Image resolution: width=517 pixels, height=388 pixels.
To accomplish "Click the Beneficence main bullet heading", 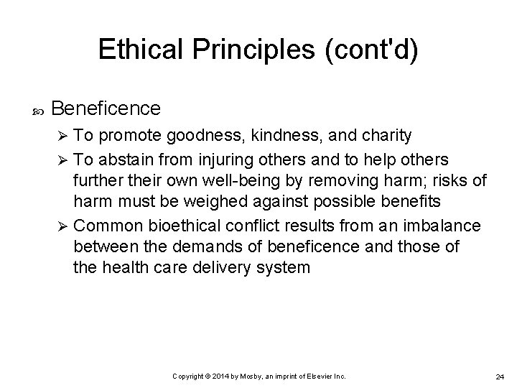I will point(106,108).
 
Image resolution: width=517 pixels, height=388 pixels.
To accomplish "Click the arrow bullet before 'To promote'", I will point(62,135).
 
